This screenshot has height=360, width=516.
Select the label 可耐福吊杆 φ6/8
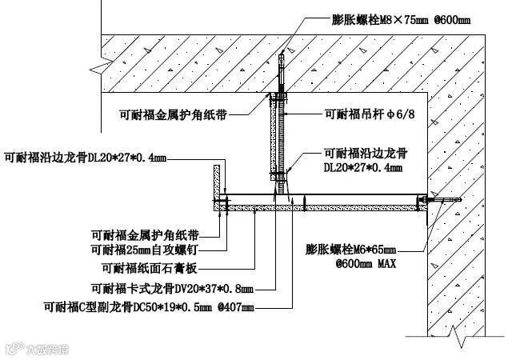[367, 114]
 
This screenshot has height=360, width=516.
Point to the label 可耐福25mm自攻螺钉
[146, 250]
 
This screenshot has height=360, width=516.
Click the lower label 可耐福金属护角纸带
[146, 234]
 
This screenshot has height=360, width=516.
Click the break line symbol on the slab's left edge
[101, 60]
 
